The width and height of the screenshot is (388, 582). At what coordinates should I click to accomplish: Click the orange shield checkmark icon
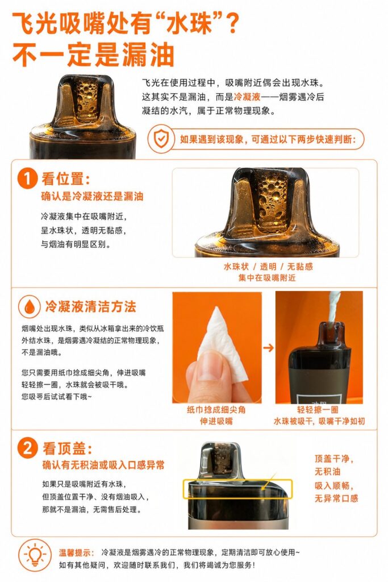click(x=161, y=139)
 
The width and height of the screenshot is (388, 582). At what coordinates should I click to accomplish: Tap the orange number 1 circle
click(x=27, y=178)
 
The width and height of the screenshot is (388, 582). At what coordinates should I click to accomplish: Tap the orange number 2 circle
click(x=27, y=448)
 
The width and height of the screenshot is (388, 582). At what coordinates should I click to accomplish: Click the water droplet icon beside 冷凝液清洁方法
click(x=30, y=306)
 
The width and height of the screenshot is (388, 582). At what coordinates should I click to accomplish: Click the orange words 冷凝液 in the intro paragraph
click(x=248, y=97)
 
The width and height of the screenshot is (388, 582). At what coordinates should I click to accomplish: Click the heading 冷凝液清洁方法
click(x=90, y=306)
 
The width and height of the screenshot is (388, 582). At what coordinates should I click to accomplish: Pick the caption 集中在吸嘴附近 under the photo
click(x=267, y=277)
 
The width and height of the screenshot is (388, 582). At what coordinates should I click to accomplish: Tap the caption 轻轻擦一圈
click(x=318, y=410)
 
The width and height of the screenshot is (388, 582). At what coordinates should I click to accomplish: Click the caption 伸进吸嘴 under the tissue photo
click(x=216, y=421)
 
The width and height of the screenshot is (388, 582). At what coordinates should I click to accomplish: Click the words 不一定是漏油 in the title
click(x=93, y=55)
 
